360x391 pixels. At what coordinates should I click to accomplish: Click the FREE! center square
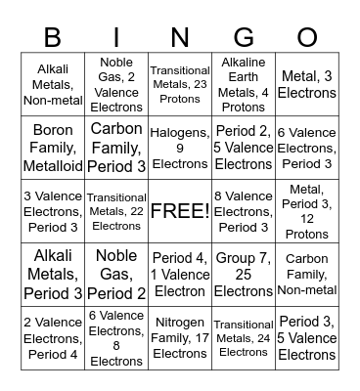click(180, 210)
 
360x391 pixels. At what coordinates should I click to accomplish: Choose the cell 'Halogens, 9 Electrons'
click(180, 147)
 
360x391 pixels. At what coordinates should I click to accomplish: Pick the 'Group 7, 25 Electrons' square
click(244, 274)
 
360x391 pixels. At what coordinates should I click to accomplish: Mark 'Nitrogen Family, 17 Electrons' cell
click(180, 337)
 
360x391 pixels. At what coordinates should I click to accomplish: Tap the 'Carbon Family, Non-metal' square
click(307, 274)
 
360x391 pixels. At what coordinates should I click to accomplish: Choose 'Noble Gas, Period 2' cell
click(116, 274)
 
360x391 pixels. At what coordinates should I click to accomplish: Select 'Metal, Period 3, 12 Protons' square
click(307, 210)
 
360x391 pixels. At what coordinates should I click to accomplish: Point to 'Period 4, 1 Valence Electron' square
click(180, 274)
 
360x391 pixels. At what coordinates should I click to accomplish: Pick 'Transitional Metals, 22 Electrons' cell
click(116, 210)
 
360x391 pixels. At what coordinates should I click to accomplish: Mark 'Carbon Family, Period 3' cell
click(116, 147)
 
